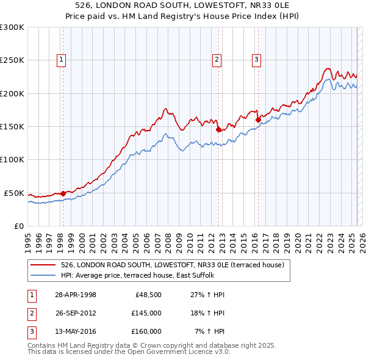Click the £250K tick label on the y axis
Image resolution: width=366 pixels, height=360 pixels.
coord(12,60)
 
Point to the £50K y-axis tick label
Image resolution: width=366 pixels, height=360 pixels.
coord(15,193)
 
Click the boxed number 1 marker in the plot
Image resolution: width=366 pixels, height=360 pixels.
coord(62,59)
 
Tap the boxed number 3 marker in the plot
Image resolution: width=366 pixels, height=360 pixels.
coord(256,59)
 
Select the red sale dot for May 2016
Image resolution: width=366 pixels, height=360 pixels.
coord(257,120)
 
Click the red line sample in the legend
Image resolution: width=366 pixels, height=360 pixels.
coord(43,265)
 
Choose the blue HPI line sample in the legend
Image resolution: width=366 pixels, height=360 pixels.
coord(43,275)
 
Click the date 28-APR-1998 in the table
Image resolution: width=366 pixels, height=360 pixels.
coord(76,295)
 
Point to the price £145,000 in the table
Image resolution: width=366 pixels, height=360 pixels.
coord(146,313)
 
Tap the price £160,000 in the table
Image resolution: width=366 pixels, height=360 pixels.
coord(146,331)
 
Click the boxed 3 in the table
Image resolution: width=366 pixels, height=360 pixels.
coord(32,331)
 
